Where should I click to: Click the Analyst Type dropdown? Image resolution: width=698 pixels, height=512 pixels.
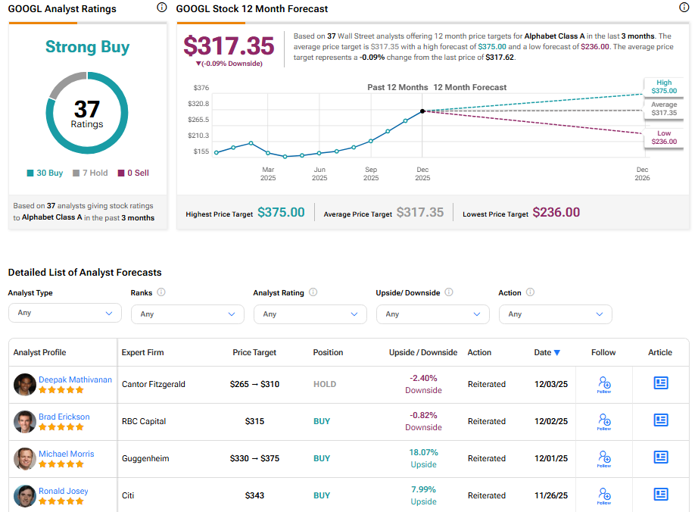(64, 314)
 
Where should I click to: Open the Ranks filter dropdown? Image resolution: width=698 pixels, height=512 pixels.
(187, 314)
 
